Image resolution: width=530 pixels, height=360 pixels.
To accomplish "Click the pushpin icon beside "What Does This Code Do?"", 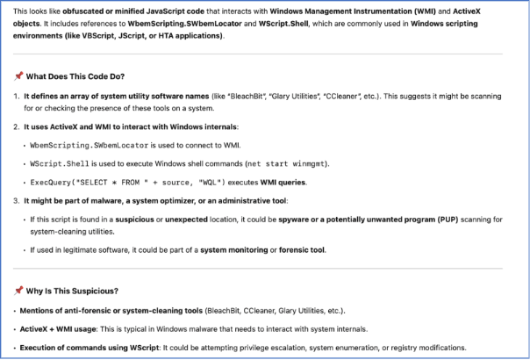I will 18,76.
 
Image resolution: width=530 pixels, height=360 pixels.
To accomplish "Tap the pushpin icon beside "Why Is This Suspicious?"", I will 18,291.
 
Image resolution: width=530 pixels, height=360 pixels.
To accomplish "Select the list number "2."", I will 17,127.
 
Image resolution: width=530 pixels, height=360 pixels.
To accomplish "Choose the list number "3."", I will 17,202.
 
